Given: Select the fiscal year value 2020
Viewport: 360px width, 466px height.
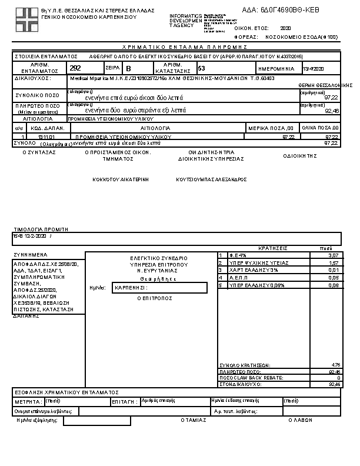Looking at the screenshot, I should coord(286,28).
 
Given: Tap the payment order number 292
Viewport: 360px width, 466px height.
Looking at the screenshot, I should coord(75,68).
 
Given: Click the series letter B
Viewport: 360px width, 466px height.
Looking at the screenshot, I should coord(129,69).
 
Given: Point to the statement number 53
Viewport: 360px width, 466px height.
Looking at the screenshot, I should coord(201,68).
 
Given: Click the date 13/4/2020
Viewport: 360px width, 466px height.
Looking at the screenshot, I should coord(313,69).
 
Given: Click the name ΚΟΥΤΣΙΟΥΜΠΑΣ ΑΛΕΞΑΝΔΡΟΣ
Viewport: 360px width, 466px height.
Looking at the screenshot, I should coord(211,179).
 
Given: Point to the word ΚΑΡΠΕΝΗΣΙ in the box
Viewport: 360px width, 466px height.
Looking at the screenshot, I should coord(131,288).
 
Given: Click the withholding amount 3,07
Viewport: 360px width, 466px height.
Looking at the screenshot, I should coord(334,255).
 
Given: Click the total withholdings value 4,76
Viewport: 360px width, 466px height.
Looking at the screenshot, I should coord(336,365).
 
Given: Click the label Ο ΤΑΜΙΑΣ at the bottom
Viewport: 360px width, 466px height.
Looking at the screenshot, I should coord(194,420).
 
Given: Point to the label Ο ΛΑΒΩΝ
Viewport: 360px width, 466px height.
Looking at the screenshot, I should coord(299,420).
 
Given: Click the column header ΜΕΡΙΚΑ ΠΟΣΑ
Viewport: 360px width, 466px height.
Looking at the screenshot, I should coord(270,128).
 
